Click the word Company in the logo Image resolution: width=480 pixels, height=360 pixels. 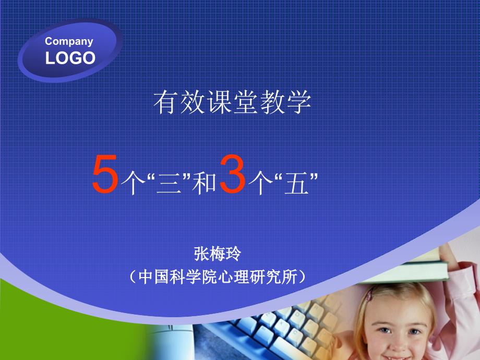click(69, 42)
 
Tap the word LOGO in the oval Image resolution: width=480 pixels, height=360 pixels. click(70, 58)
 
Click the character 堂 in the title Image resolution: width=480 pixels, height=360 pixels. click(246, 102)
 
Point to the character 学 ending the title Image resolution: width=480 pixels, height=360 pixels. click(299, 102)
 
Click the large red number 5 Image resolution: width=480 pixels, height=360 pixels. click(105, 174)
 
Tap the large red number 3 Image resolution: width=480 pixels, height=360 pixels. click(232, 174)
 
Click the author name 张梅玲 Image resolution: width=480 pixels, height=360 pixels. click(218, 254)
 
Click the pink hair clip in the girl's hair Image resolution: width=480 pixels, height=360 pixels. click(369, 294)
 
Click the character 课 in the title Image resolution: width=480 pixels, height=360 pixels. click(219, 102)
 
